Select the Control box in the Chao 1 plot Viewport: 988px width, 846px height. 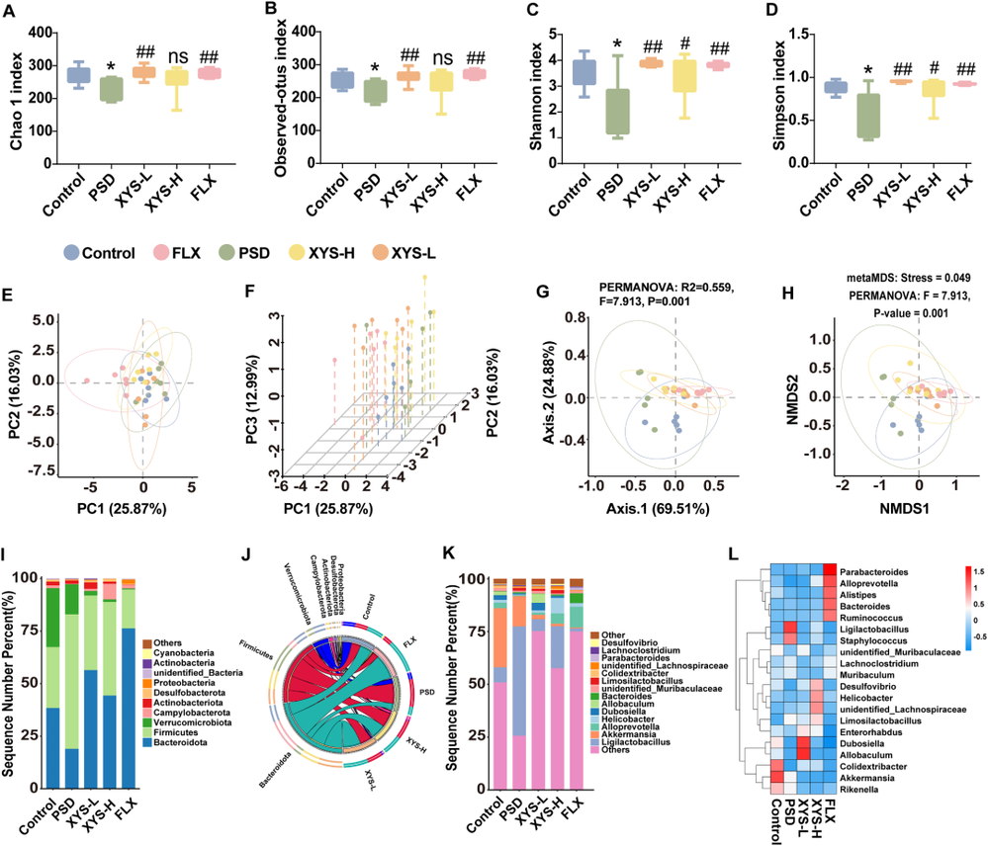(78, 75)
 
